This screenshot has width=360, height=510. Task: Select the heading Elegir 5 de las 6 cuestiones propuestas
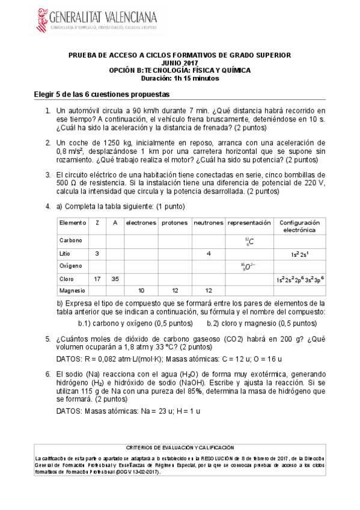102,94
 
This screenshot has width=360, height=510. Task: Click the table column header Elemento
73,223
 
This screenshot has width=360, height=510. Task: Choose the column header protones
175,223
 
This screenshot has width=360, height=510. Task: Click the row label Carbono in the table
71,240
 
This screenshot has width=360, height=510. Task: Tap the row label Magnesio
72,290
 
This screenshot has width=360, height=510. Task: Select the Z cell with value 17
97,279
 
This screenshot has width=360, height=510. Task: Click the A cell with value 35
115,279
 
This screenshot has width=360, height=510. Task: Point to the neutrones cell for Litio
209,254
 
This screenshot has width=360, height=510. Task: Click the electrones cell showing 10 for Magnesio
141,290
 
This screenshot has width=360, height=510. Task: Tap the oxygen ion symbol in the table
249,266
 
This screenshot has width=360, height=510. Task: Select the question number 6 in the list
47,373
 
